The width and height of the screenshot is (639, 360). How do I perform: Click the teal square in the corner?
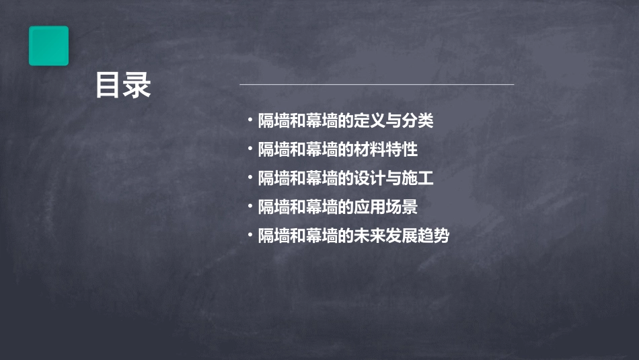point(48,46)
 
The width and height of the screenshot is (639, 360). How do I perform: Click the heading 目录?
point(123,85)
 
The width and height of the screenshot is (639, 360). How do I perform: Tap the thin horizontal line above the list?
point(377,85)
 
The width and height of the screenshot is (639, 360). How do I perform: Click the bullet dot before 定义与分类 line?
point(250,120)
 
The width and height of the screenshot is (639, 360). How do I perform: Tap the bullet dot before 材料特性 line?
point(250,149)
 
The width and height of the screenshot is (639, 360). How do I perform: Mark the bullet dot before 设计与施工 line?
point(250,178)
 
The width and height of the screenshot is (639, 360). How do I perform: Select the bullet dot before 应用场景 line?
point(250,206)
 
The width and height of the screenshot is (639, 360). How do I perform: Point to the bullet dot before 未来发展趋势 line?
point(250,235)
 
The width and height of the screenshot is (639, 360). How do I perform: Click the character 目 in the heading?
point(109,85)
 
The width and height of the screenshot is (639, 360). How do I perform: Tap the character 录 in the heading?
point(138,85)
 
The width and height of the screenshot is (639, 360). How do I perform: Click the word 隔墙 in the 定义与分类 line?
point(274,121)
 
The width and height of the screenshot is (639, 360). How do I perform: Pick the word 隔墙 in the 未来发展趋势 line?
point(274,236)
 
